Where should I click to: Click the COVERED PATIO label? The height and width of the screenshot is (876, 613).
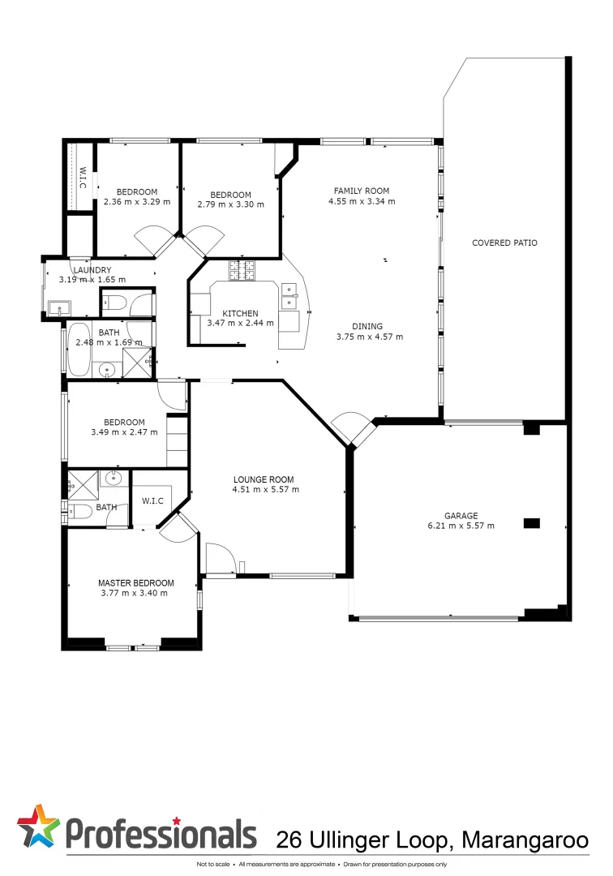click(x=504, y=243)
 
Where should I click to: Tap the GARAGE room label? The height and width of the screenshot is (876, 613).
click(x=461, y=515)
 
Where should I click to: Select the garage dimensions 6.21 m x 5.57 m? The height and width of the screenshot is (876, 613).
click(x=461, y=526)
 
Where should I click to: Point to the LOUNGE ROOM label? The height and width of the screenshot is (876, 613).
click(x=265, y=479)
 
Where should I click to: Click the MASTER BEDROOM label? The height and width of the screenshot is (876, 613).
click(x=135, y=582)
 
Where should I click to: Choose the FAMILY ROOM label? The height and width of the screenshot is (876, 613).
click(x=362, y=191)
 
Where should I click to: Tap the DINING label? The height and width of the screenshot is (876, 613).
click(x=369, y=326)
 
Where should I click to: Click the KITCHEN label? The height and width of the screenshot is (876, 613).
click(x=241, y=313)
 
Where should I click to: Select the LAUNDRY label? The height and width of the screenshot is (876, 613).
click(x=92, y=270)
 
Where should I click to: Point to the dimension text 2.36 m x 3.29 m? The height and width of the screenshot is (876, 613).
click(x=136, y=202)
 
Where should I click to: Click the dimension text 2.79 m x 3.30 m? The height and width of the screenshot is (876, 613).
click(x=230, y=204)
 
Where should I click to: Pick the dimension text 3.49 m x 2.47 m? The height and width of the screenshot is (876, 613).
click(x=124, y=432)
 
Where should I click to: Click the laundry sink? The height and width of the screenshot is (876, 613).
click(x=58, y=307)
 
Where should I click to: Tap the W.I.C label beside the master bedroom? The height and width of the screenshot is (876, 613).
click(x=152, y=500)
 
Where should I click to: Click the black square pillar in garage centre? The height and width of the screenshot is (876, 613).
click(x=531, y=523)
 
